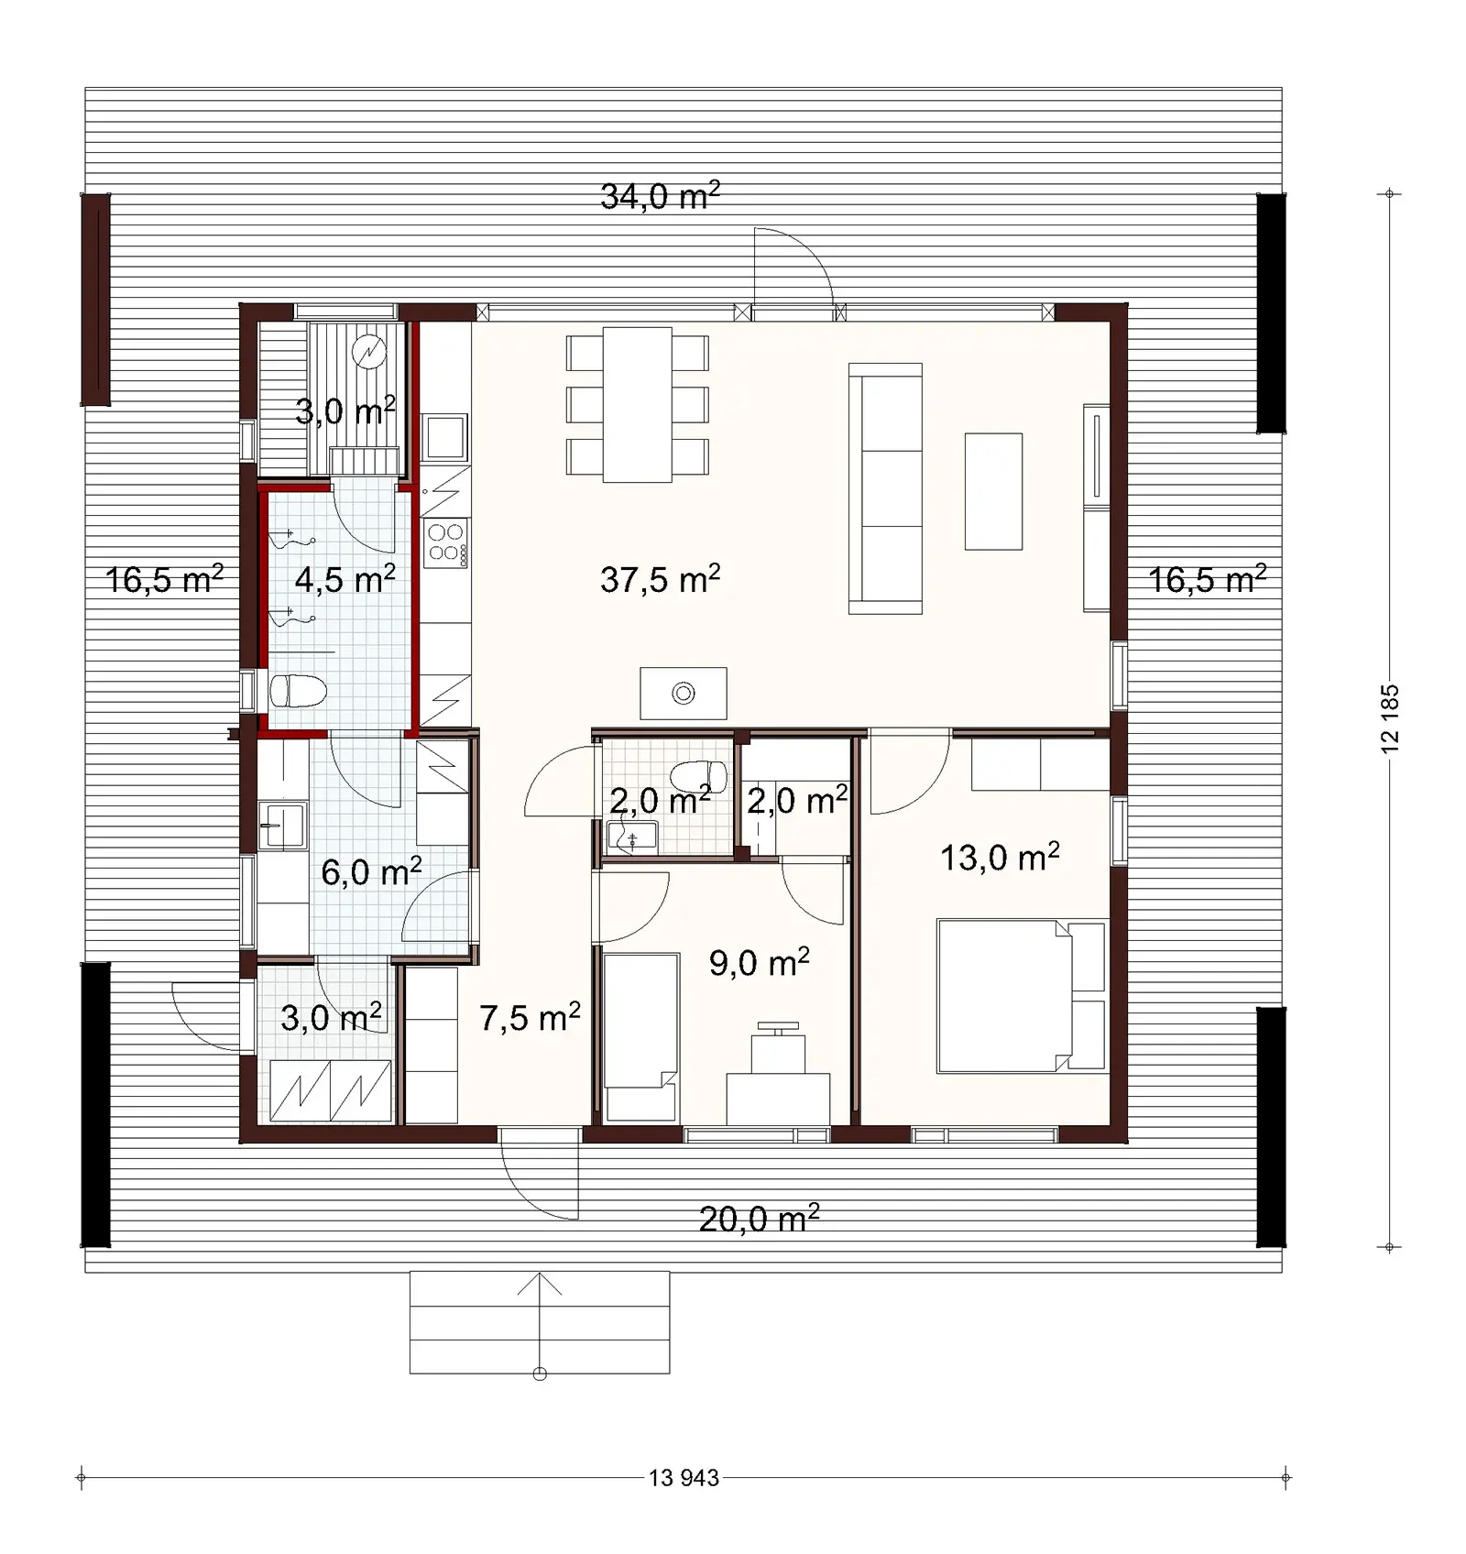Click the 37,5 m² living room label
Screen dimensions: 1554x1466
[x=660, y=579]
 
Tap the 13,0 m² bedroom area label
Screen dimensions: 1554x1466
[x=1000, y=858]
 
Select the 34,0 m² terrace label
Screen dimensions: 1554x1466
[x=660, y=195]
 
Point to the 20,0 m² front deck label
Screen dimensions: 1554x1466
[x=759, y=1219]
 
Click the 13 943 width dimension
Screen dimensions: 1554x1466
[x=684, y=1477]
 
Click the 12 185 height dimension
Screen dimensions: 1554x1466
[x=1390, y=719]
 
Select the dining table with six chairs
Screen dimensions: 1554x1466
[x=638, y=404]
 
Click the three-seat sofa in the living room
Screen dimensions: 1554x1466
[x=885, y=488]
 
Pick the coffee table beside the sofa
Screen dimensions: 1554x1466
[x=993, y=491]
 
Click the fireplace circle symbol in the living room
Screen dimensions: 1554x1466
[x=684, y=694]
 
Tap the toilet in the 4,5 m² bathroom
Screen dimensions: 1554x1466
[x=298, y=691]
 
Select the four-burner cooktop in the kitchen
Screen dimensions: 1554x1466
[x=446, y=542]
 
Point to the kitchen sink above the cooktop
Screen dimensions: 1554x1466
[x=445, y=437]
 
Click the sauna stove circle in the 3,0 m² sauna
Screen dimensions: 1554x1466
[x=369, y=352]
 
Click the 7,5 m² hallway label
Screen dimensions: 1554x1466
[x=530, y=1017]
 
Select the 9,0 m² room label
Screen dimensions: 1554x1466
[x=759, y=962]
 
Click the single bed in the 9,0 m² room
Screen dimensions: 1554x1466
[x=640, y=1035]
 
